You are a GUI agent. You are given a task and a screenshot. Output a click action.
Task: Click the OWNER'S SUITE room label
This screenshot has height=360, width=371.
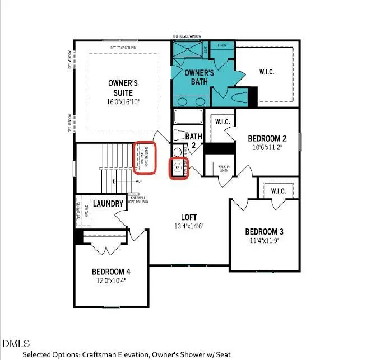click(x=123, y=87)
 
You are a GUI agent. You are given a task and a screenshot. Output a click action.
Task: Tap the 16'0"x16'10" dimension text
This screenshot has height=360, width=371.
click(x=123, y=102)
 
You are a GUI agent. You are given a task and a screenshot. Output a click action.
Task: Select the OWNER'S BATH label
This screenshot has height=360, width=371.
click(x=200, y=77)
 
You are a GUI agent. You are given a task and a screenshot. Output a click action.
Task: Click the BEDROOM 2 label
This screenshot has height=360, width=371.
click(x=267, y=139)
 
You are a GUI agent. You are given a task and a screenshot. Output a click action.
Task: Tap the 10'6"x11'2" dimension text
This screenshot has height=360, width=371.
click(x=267, y=148)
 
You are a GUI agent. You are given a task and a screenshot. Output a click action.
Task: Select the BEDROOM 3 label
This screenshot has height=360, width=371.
click(x=264, y=232)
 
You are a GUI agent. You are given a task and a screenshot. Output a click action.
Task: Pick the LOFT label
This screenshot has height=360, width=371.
click(x=188, y=217)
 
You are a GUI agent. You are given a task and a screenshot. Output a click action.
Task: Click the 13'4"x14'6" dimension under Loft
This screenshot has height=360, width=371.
click(x=188, y=226)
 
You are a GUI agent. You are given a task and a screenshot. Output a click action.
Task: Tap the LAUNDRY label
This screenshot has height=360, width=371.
click(x=108, y=204)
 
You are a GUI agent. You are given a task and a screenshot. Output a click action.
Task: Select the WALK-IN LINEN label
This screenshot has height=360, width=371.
click(x=222, y=168)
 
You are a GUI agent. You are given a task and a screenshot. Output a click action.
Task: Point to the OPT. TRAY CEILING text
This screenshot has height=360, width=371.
click(x=123, y=48)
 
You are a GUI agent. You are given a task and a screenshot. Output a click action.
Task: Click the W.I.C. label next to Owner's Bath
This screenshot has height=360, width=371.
click(x=266, y=72)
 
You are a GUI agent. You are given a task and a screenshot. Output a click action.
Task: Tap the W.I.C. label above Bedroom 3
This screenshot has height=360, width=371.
click(x=277, y=191)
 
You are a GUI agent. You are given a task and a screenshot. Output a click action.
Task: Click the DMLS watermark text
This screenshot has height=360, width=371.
click(x=16, y=343)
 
